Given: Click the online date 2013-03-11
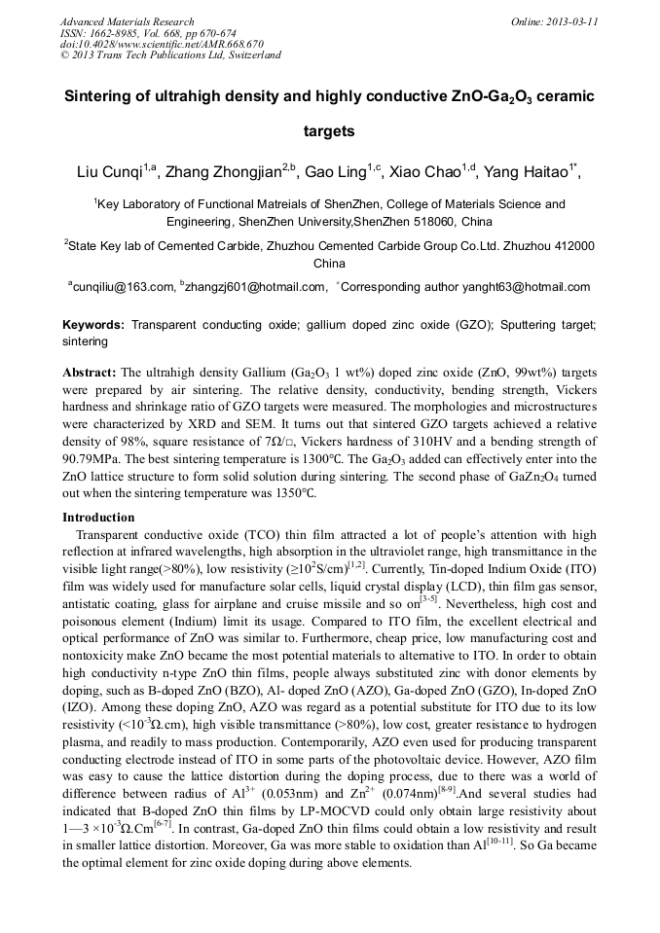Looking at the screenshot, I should point(571,21).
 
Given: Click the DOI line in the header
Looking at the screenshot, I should point(162,44).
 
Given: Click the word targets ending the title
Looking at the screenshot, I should point(329,129).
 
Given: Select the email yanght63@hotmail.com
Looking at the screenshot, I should point(532,287).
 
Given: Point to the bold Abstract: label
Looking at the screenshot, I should point(90,373).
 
